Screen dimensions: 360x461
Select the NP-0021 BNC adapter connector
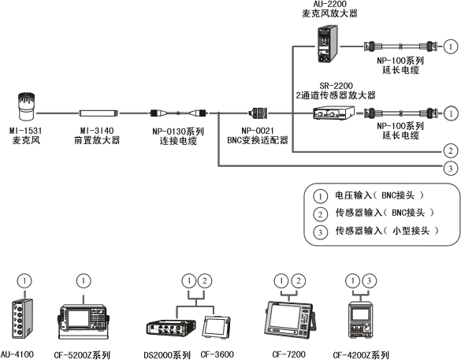[261, 113]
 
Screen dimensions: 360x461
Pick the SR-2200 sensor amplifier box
[330, 113]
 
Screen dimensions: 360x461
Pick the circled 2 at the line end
[449, 150]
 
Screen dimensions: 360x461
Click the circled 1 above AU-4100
[26, 280]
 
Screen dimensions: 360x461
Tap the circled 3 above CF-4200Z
[369, 280]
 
